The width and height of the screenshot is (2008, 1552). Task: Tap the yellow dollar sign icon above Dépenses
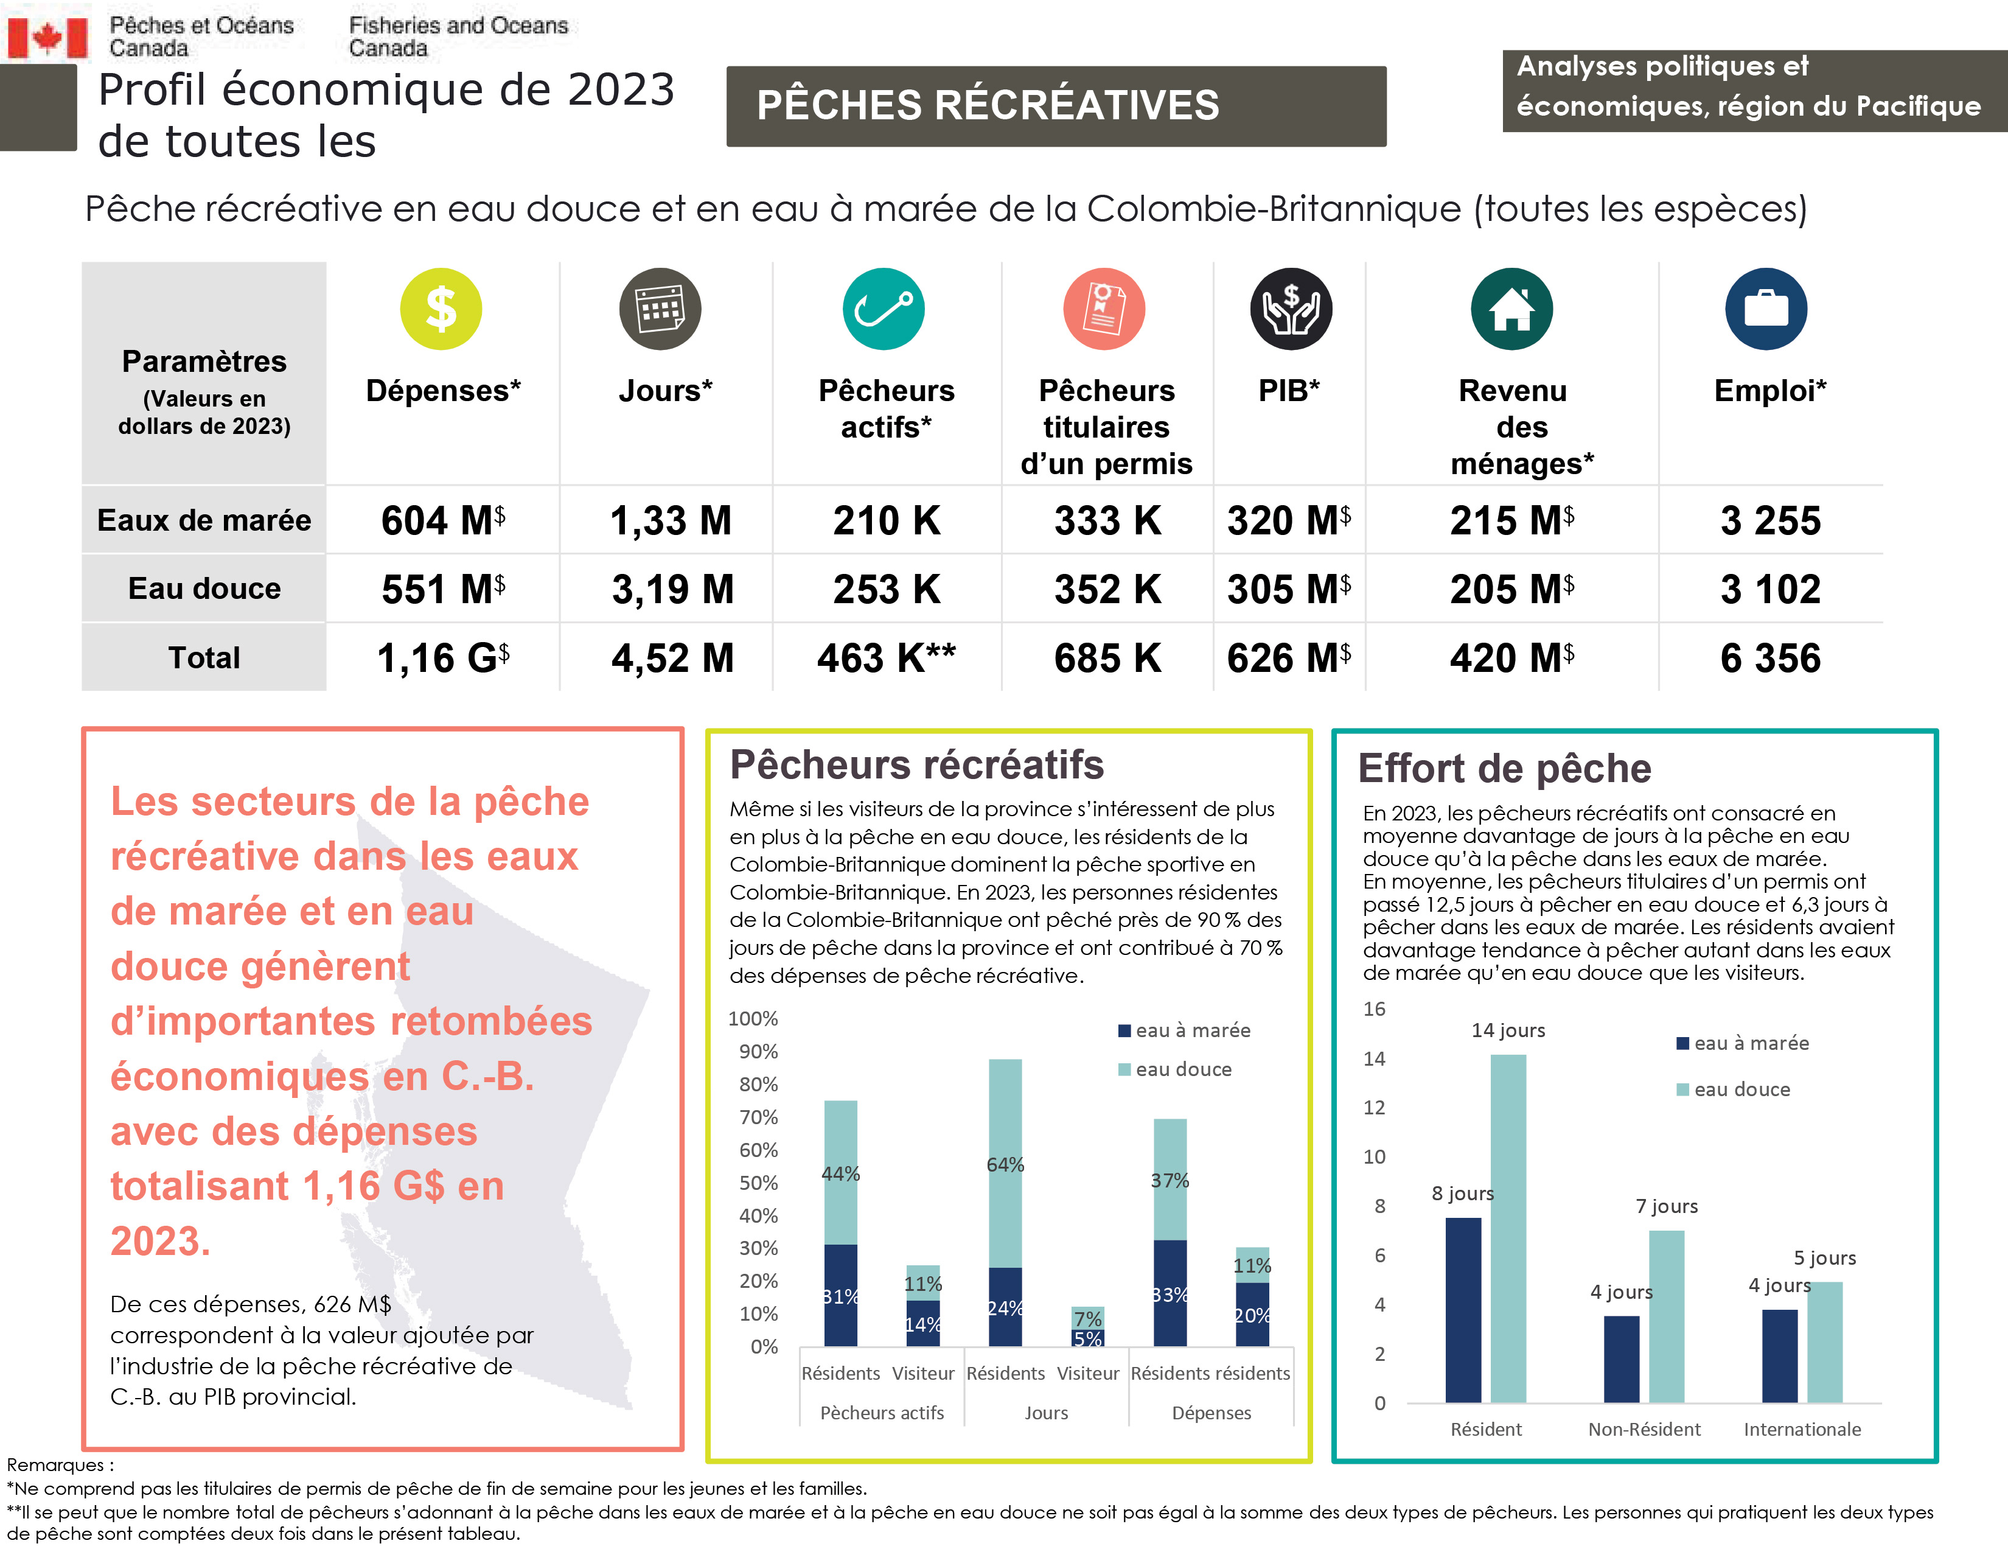(441, 309)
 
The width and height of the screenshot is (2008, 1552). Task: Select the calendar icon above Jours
(660, 309)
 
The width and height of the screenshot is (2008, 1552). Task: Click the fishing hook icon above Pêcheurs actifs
(883, 309)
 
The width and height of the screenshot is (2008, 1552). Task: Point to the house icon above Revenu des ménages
(1511, 309)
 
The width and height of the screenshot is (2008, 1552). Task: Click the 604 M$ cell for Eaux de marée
(442, 520)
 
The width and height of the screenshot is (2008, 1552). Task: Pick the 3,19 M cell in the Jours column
(672, 589)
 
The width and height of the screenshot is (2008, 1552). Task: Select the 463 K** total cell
(887, 659)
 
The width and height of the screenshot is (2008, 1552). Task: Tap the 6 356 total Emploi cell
(1770, 659)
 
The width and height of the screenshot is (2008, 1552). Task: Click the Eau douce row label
(204, 589)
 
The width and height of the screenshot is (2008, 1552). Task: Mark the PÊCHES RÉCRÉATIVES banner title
(988, 105)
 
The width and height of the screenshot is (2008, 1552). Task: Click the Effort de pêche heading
(1504, 769)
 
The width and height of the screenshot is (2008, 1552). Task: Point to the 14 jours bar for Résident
(1508, 1228)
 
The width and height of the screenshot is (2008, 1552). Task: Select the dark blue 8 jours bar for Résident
(1463, 1310)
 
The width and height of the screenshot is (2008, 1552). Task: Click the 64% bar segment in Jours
(1005, 1163)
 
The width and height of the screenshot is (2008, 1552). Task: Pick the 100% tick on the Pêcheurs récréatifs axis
(753, 1019)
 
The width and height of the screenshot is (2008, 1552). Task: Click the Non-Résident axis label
(1644, 1429)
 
